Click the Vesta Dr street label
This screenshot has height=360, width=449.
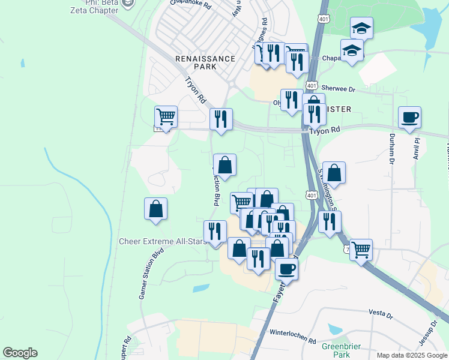pos(381,313)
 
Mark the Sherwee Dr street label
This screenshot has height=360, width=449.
pos(339,88)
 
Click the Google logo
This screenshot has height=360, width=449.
pos(20,353)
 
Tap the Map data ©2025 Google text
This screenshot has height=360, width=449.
pos(411,355)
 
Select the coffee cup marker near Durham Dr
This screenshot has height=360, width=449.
pos(409,117)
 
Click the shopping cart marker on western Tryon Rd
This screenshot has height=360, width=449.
pos(166,115)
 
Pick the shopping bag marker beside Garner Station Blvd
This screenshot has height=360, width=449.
pos(155,209)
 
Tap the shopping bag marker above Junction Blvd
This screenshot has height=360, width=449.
pos(224,164)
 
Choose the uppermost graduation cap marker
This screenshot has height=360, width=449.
pos(361,28)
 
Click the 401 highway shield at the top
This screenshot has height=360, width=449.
pos(324,19)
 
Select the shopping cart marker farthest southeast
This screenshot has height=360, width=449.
pos(361,249)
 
